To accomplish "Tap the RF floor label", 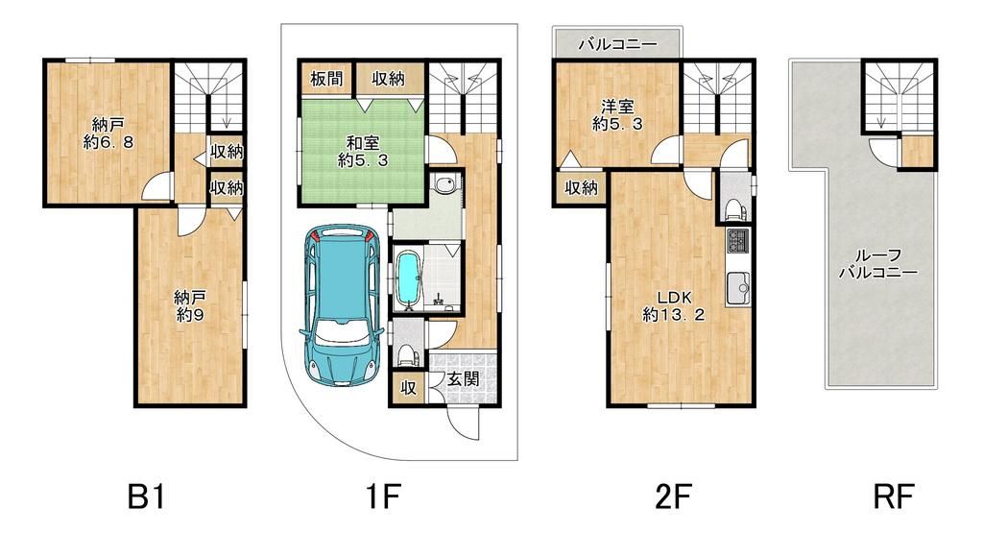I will click(x=894, y=497).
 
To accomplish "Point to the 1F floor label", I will click(x=381, y=497).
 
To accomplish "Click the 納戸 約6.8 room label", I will click(x=108, y=133).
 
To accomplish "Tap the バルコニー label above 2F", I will click(x=617, y=44).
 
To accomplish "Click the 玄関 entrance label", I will click(x=463, y=378).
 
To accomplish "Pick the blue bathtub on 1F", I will click(x=409, y=279).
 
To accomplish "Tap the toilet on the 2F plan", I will click(x=732, y=207).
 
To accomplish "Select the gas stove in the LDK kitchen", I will click(x=736, y=240).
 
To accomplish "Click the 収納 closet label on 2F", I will click(x=581, y=188).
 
